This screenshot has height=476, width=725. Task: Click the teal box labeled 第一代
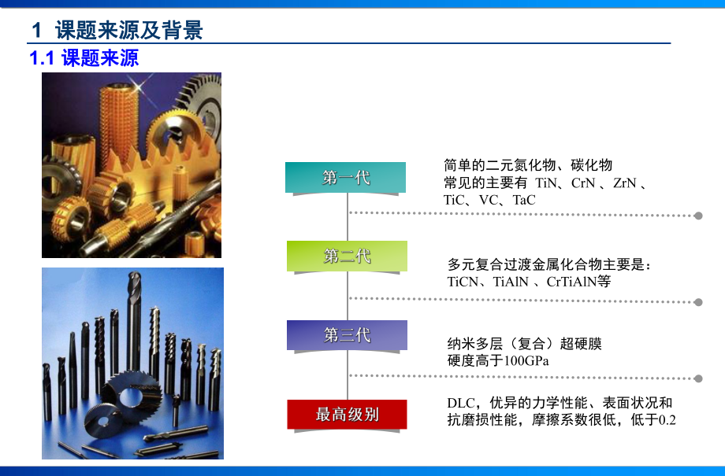345,178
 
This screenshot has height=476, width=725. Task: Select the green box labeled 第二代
347,256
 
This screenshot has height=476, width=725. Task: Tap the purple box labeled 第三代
347,335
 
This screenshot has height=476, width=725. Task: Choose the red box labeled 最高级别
347,415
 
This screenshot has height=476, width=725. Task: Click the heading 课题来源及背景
128,30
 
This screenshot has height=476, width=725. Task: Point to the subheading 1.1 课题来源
84,58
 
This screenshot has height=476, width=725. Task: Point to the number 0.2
667,420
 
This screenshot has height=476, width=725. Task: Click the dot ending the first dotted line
697,215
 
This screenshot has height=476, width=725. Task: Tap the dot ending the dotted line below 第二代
697,301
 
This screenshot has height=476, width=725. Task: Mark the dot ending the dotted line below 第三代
697,378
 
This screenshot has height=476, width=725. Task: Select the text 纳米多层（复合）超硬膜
524,344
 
